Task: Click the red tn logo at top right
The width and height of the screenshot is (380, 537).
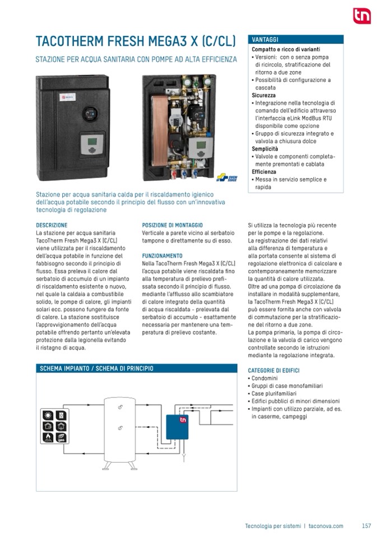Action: tap(362, 16)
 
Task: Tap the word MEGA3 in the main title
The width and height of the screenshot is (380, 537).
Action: tap(164, 41)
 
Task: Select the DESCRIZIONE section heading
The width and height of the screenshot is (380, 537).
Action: tap(52, 225)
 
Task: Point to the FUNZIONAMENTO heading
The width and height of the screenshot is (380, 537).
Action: tap(163, 255)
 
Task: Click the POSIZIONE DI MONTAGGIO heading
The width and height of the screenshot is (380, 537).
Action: tap(173, 225)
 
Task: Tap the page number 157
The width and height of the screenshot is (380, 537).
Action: tap(367, 526)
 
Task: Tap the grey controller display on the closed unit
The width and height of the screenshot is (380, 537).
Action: tap(90, 144)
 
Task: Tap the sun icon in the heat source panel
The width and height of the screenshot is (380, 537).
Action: tap(48, 417)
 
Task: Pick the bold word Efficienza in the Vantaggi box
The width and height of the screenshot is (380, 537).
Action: tap(265, 172)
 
